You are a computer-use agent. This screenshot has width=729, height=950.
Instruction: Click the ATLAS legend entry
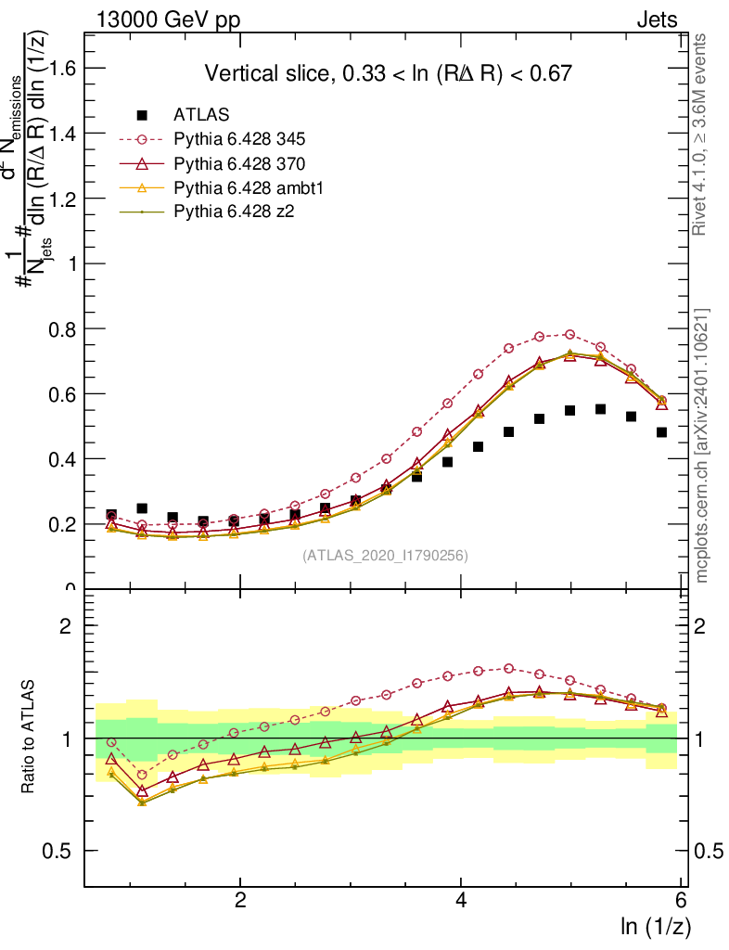point(200,116)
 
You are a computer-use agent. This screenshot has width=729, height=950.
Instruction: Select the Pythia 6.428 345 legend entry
point(239,140)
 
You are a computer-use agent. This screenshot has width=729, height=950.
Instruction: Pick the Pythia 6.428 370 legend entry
point(239,164)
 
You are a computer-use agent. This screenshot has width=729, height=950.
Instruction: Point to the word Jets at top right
point(656,20)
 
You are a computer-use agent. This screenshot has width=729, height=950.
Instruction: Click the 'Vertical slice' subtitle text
point(388,73)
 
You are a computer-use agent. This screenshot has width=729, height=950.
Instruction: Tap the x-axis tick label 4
point(462,901)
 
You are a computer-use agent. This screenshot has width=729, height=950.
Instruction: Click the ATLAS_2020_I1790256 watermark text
point(384,556)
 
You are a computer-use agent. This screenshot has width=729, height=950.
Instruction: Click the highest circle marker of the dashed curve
point(569,334)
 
